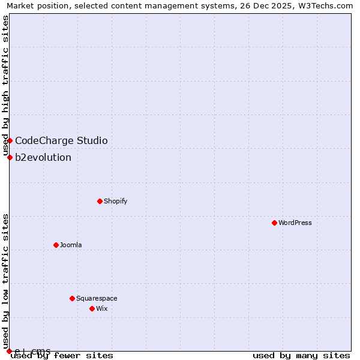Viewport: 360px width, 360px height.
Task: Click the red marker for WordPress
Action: pos(274,223)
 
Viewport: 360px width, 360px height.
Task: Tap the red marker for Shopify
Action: pos(100,201)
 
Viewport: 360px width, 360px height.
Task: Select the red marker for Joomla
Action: pos(56,245)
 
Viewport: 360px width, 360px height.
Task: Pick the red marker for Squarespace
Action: pos(72,298)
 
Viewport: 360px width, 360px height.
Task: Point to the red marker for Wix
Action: pos(92,308)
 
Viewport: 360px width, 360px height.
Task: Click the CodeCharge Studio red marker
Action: pos(10,140)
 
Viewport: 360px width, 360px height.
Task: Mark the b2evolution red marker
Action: pos(10,157)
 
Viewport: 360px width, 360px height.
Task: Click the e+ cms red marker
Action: pos(9,351)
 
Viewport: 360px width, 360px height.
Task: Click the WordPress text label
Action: pos(295,223)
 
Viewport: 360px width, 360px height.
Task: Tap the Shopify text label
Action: pos(116,201)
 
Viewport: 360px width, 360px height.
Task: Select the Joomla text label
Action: pos(71,245)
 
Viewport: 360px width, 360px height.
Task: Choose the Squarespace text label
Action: pos(97,298)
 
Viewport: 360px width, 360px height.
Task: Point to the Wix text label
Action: pos(101,308)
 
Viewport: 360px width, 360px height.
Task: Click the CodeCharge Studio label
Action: pos(61,141)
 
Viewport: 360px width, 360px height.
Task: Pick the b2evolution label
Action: pos(43,158)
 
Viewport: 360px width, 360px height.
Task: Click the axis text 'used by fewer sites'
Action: pos(62,356)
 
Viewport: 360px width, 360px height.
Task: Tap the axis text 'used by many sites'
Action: pos(301,356)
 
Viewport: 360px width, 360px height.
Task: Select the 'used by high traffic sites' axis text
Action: pos(5,85)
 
